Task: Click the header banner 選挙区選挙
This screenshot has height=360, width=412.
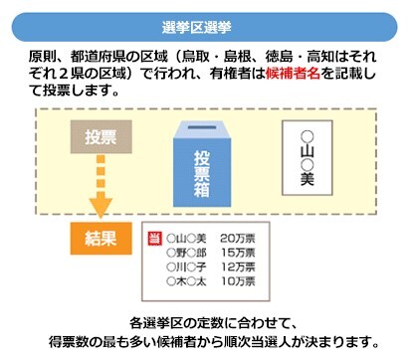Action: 205,23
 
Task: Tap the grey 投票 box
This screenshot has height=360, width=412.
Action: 92,136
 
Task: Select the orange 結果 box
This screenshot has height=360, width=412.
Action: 98,239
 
